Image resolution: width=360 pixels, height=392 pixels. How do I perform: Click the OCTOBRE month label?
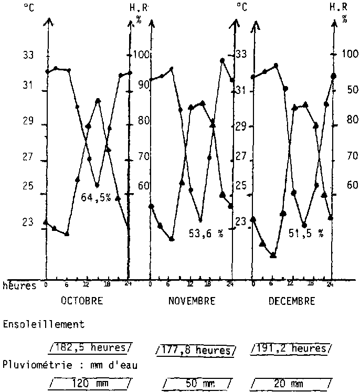[82, 301]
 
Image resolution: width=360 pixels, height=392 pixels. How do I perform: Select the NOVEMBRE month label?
[192, 301]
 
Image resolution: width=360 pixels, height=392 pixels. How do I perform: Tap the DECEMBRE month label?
[292, 301]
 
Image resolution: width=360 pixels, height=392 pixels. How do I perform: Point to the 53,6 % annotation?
[206, 234]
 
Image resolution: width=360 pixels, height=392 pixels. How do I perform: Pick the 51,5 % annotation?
[306, 234]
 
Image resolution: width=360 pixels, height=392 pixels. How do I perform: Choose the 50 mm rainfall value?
[197, 384]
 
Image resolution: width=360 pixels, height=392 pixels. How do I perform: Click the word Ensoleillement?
[44, 324]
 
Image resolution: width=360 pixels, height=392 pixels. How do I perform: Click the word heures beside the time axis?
[20, 285]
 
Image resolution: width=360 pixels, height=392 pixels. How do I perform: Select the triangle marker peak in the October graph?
[98, 100]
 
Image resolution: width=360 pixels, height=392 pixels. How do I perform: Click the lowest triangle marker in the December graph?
[273, 255]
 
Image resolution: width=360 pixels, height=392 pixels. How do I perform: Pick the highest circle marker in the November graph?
[222, 61]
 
